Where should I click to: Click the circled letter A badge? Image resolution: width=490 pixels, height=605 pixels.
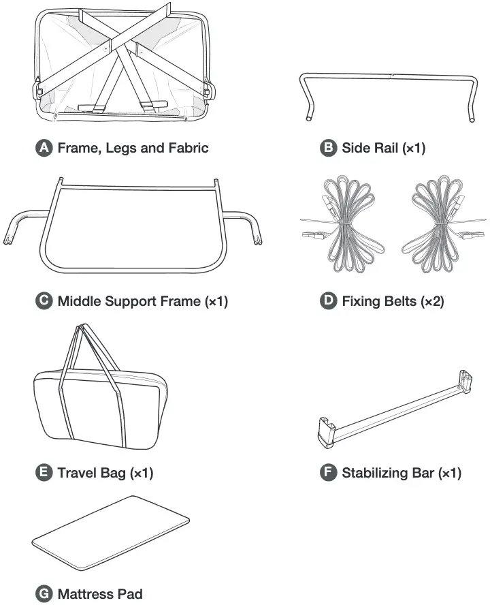coord(44,148)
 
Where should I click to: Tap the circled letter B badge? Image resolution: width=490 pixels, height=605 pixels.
coord(329,148)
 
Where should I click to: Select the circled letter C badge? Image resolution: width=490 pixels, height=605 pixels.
coord(44,301)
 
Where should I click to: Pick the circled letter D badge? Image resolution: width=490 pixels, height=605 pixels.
coord(329,301)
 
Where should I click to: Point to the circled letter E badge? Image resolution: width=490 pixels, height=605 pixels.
coord(44,473)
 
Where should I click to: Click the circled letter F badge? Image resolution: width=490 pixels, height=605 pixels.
coord(329,473)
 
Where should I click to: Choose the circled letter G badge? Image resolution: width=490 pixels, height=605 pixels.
coord(44,594)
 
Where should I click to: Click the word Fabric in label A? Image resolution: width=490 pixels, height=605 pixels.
coord(186,148)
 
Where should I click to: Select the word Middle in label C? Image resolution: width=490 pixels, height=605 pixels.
coord(80,301)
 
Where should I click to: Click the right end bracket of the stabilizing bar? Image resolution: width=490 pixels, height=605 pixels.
coord(465,381)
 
